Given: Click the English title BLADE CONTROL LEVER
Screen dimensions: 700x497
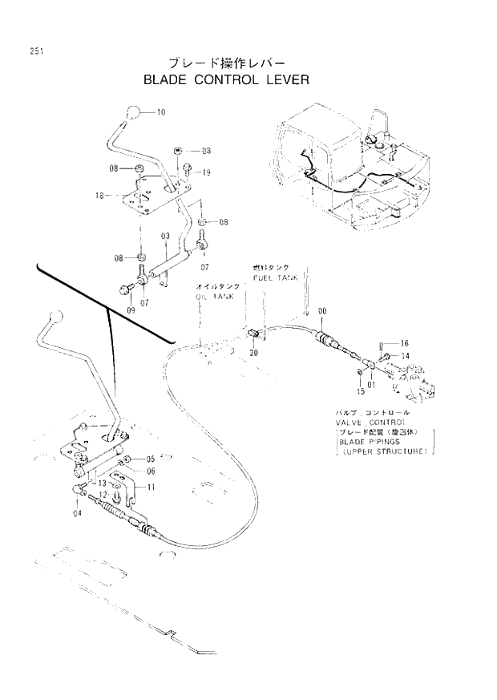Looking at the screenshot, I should coord(225,80).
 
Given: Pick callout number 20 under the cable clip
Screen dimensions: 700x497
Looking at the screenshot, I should coord(253,352).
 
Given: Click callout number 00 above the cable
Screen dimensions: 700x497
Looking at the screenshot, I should coord(322,310).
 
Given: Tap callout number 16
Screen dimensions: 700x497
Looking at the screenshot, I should coord(405,342).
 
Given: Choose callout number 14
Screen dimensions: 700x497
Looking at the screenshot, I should coord(405,355).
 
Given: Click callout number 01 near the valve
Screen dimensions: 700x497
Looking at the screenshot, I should coord(371,385).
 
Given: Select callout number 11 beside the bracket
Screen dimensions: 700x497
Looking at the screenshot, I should coord(151,488).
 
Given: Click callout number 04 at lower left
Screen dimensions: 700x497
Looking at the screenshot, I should coord(77,513).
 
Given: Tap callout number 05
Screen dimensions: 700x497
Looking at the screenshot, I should coord(149,459).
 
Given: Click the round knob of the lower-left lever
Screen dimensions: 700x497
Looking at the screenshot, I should coord(55,318).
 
